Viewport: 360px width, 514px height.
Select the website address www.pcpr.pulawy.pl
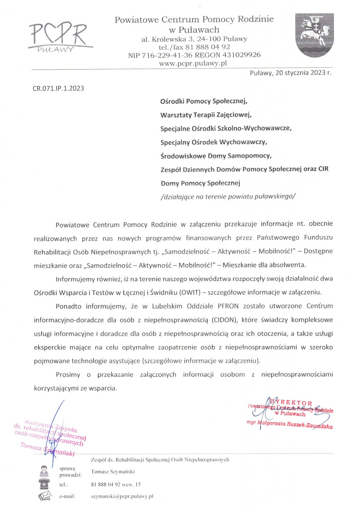click(x=194, y=63)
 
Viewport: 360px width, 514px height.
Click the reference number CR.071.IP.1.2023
click(x=58, y=88)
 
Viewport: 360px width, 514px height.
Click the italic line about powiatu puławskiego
click(x=228, y=196)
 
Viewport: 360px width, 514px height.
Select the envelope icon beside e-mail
click(x=44, y=496)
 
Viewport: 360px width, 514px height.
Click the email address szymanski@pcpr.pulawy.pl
click(x=122, y=497)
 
